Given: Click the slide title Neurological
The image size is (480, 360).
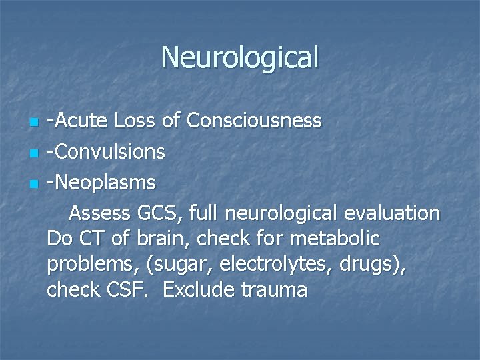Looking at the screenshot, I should [240, 57].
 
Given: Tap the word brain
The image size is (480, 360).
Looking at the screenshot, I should [154, 238].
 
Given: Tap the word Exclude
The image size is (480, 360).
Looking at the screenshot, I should [195, 291].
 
